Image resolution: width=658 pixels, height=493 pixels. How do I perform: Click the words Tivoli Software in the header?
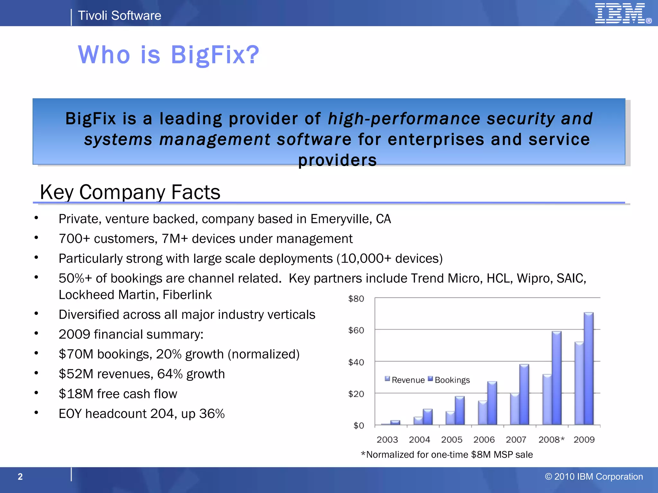[x=119, y=15]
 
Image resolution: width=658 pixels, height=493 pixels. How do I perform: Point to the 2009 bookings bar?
[x=589, y=368]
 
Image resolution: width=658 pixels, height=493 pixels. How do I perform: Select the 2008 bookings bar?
[x=556, y=378]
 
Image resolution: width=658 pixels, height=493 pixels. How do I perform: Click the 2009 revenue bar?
[x=579, y=383]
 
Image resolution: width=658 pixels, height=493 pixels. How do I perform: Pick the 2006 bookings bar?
[x=492, y=403]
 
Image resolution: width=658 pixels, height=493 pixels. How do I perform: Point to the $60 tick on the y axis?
[x=356, y=330]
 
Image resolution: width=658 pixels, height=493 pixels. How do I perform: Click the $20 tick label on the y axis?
[x=356, y=394]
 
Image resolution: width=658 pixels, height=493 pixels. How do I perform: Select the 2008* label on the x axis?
[x=551, y=439]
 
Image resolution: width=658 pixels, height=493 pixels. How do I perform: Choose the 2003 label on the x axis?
[x=387, y=439]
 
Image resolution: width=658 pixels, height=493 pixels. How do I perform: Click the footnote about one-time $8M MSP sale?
[x=447, y=454]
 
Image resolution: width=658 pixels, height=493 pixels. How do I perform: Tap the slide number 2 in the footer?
[x=20, y=477]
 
